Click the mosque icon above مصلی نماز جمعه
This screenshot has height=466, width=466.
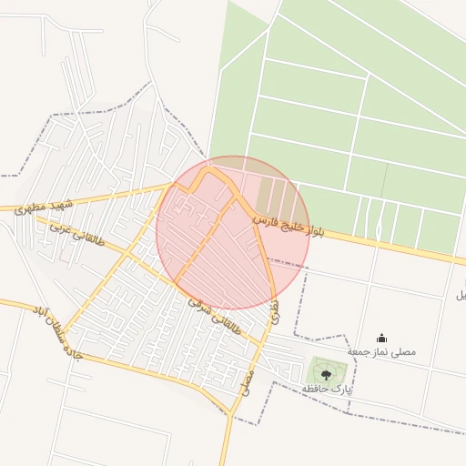click(x=380, y=339)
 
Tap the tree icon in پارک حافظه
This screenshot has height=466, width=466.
click(x=326, y=373)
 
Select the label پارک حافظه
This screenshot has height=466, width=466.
click(x=327, y=389)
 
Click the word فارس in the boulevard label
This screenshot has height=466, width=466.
click(x=264, y=218)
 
